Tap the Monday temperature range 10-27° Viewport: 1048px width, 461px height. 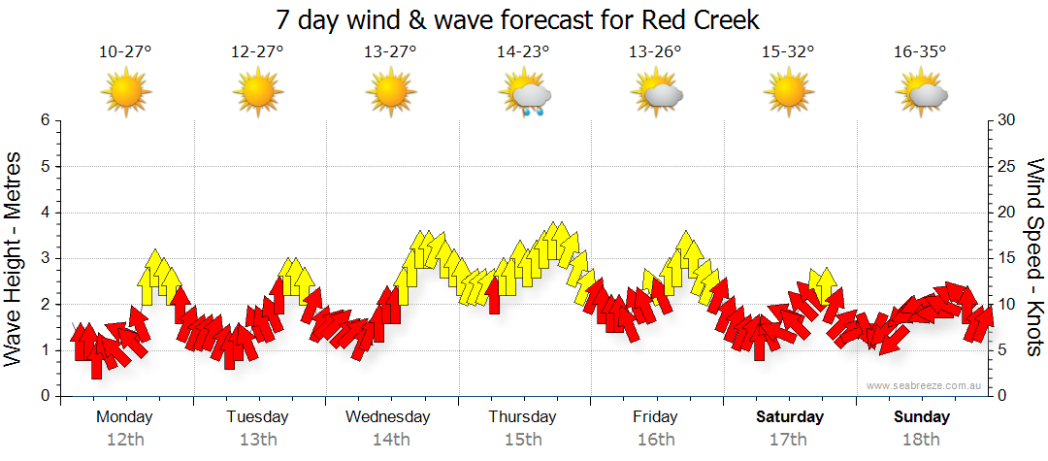(x=125, y=52)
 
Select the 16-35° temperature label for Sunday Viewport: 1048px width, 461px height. (x=920, y=52)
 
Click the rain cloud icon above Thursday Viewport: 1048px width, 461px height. (x=525, y=95)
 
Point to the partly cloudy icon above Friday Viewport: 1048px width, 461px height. (x=657, y=94)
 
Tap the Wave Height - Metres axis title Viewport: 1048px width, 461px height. (x=16, y=258)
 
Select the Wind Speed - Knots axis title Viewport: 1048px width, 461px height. (x=1033, y=258)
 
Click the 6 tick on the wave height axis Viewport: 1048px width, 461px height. (x=45, y=120)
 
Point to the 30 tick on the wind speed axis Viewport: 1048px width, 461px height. (x=1007, y=120)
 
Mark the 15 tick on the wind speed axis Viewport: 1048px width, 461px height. (x=1007, y=258)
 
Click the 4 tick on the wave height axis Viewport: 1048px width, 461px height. (x=45, y=213)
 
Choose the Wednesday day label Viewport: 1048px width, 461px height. (x=388, y=417)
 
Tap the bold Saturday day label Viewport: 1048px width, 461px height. (x=790, y=417)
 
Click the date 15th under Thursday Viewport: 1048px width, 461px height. (x=523, y=439)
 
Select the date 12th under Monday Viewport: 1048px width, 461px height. (x=124, y=439)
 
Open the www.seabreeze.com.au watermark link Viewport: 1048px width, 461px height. (x=925, y=386)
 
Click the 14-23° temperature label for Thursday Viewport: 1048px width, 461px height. (x=523, y=52)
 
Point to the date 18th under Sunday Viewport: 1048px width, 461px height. (x=921, y=439)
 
